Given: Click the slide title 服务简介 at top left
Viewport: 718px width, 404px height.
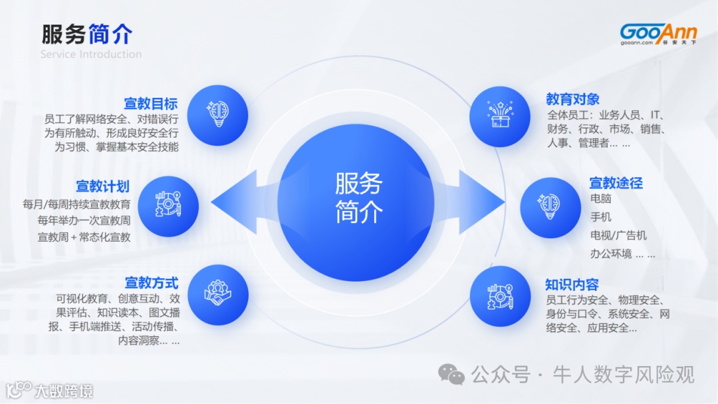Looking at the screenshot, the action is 86,34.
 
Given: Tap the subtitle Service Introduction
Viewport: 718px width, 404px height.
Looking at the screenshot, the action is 91,54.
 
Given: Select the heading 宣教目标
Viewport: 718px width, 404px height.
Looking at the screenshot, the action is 151,104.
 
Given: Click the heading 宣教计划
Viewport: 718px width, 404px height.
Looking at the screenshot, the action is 102,186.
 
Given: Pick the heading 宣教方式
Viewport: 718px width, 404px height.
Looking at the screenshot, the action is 152,283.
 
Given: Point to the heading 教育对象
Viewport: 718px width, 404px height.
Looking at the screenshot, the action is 572,99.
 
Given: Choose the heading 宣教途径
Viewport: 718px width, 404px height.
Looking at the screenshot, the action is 616,182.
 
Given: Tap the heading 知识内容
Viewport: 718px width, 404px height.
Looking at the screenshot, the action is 572,284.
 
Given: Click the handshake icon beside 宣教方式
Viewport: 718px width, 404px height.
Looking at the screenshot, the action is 217,295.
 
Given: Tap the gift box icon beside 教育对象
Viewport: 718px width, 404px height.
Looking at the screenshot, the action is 499,116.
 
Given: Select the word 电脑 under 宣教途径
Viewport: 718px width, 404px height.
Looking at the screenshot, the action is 600,199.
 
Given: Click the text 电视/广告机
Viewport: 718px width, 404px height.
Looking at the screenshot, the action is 618,235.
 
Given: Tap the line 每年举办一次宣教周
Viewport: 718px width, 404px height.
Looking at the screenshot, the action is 84,220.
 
